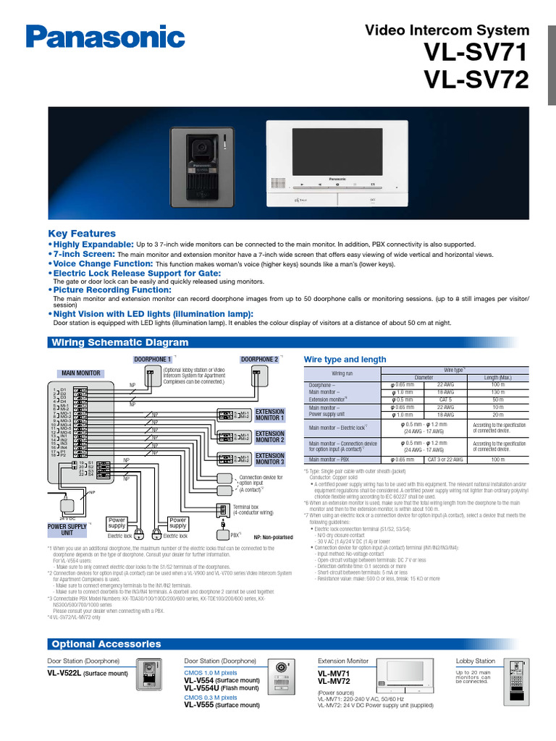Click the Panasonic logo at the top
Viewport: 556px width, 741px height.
[106, 35]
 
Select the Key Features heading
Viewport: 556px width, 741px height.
[82, 234]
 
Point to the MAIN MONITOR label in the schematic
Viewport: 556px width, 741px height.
[80, 373]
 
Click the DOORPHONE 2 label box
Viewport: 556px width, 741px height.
[258, 359]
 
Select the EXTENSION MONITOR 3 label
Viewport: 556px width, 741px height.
[270, 460]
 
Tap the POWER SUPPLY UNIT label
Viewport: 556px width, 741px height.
[66, 530]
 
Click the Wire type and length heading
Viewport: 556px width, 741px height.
[345, 360]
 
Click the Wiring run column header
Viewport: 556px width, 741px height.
[342, 373]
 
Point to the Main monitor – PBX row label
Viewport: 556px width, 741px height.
[329, 460]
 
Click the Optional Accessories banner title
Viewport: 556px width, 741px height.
[106, 644]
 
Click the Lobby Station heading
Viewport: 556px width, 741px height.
[475, 661]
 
